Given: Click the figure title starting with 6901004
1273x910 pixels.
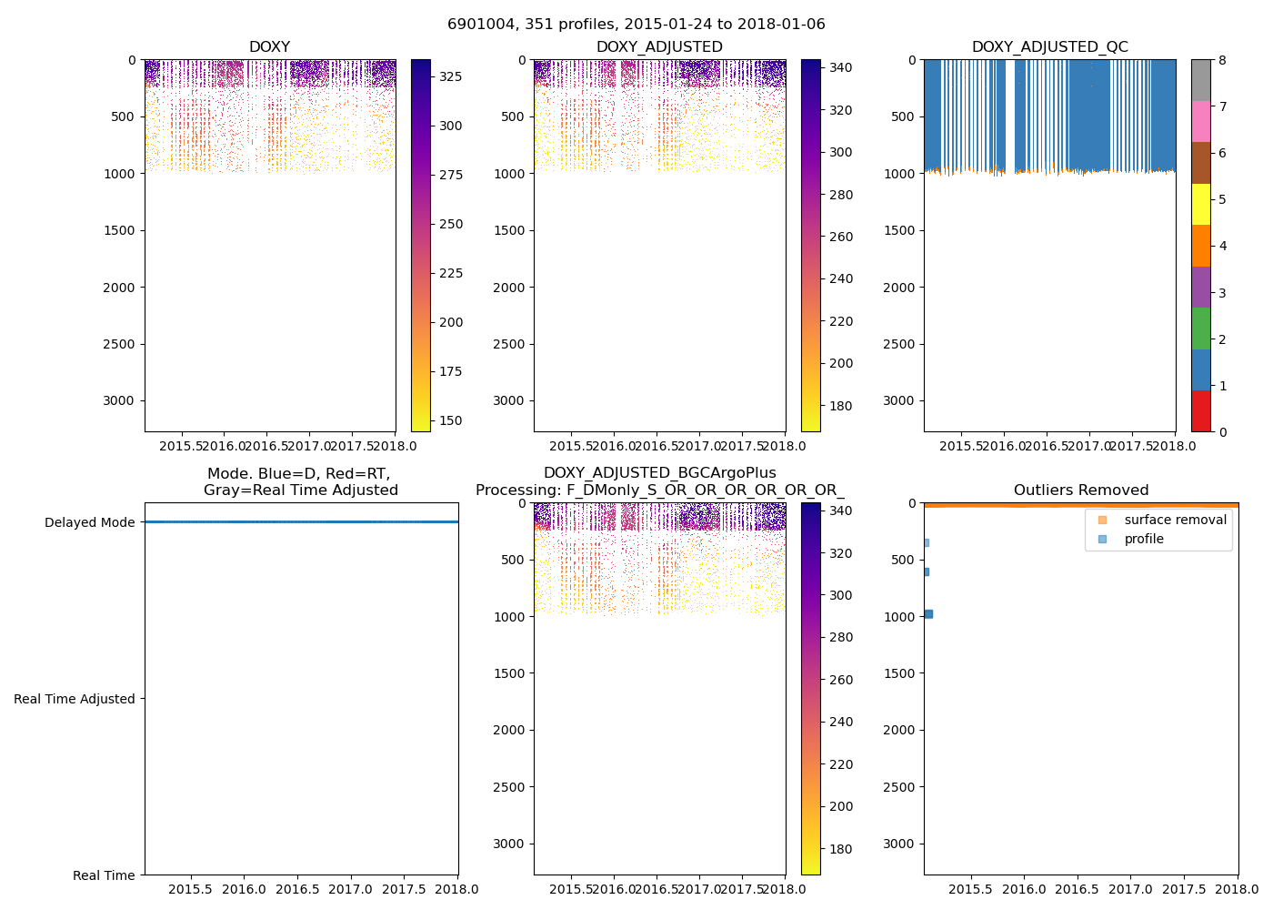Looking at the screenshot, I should [636, 25].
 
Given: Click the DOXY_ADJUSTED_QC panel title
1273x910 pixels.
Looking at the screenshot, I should [1049, 47].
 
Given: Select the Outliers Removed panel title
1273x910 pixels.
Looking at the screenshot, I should [1081, 490].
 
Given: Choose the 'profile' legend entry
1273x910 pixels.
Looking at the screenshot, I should [1144, 539].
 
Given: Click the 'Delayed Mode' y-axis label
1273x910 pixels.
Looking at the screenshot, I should [89, 522].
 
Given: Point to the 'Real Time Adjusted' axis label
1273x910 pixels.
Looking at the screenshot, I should [75, 699].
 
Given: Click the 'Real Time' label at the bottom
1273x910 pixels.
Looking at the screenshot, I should [104, 875].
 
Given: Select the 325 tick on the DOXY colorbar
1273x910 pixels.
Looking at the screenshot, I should [451, 76].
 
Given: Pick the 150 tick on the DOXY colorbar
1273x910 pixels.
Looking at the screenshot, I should [451, 420].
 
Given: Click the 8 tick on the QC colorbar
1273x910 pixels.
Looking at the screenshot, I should [1222, 60].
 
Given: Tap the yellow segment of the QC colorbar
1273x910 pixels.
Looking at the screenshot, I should [1201, 205].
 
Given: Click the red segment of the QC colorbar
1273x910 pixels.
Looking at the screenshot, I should [1201, 411].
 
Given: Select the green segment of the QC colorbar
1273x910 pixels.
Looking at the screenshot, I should [1201, 329].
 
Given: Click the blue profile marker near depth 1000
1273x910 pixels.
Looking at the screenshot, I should [928, 614].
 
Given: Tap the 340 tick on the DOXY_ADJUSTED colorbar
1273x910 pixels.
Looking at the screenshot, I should [842, 67].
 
